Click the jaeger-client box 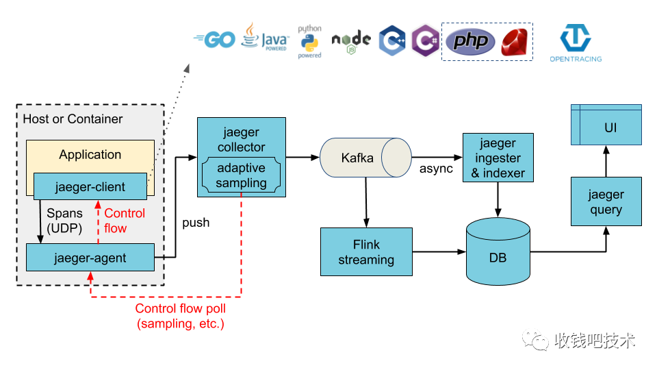click(90, 186)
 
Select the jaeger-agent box click(90, 258)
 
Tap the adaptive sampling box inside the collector click(241, 175)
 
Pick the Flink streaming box click(366, 252)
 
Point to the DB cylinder click(498, 251)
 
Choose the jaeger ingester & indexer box click(498, 158)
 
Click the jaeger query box click(606, 201)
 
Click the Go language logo click(215, 40)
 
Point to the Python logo click(309, 42)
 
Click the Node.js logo click(351, 41)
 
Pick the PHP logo click(471, 42)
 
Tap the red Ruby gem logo click(516, 42)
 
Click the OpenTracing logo click(576, 43)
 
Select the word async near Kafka click(436, 169)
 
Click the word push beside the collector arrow click(196, 223)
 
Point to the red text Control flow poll click(180, 309)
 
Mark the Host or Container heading click(73, 119)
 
